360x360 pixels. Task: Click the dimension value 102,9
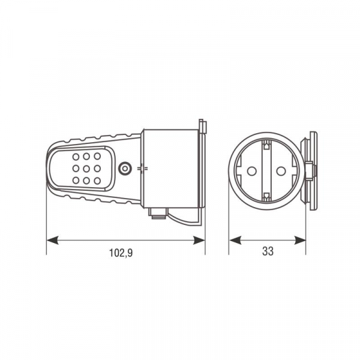click(121, 253)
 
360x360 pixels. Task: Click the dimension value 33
click(268, 251)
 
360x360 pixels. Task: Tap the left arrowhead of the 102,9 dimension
click(52, 240)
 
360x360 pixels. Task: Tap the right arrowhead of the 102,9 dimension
click(199, 240)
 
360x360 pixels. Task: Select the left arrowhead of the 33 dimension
click(235, 240)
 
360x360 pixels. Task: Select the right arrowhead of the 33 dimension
click(300, 240)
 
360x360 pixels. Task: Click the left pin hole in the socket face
click(251, 171)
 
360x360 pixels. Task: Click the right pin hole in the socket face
click(281, 171)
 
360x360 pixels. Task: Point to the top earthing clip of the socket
click(266, 145)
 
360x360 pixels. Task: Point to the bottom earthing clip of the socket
click(266, 197)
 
